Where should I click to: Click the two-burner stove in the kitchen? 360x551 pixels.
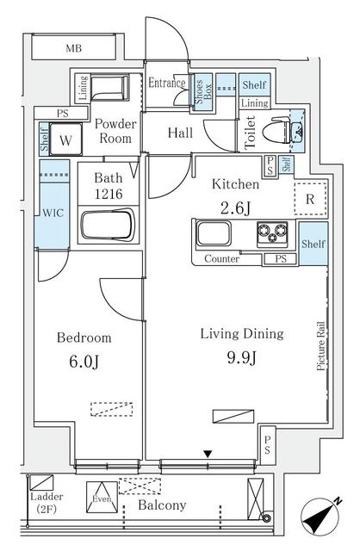point(275,233)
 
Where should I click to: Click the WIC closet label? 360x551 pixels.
point(47,212)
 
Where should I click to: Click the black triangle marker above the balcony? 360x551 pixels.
point(207,453)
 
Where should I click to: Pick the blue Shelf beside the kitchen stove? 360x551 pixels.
point(313,245)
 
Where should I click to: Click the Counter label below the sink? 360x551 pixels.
point(221,259)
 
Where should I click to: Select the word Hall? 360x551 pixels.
point(180,133)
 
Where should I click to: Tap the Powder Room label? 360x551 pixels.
point(115,131)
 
